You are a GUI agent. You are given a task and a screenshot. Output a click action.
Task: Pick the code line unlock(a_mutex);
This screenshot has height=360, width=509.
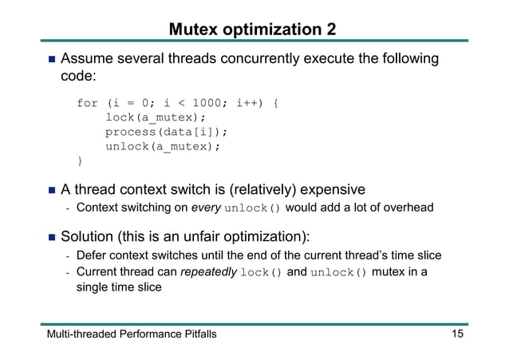[x=162, y=147]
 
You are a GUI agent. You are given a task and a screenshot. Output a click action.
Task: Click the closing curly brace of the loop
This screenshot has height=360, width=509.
[x=79, y=161]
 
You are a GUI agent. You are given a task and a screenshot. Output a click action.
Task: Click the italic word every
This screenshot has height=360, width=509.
[x=205, y=209]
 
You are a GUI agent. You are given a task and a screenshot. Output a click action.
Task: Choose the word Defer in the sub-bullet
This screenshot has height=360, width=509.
[x=91, y=255]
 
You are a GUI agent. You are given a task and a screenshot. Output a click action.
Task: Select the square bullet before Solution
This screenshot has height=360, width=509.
[x=50, y=237]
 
